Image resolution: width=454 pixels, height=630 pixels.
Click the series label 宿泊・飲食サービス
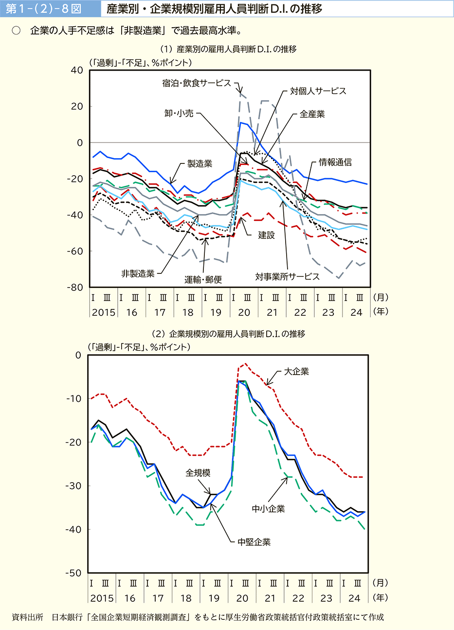197,83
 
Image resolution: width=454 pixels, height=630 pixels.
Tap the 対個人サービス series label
318,91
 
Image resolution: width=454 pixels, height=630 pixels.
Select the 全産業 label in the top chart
312,114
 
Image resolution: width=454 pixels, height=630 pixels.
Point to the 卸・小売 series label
179,113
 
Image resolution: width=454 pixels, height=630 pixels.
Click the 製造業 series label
200,164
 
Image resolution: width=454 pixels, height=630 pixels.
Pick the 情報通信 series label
335,162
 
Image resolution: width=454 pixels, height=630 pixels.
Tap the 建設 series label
267,235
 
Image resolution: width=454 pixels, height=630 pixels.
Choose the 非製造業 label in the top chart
138,274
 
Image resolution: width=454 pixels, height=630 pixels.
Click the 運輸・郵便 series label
203,280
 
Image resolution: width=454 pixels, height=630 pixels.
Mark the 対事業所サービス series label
288,277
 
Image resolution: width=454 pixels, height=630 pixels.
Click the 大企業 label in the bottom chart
296,372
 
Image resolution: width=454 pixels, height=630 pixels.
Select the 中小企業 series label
269,509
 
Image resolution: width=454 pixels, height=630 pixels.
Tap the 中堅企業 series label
254,542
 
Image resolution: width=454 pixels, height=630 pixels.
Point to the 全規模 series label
198,473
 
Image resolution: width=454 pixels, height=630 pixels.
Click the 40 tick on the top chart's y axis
77,70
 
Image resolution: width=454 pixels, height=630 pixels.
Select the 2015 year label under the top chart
104,312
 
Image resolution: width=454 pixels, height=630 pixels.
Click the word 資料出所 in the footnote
27,617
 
